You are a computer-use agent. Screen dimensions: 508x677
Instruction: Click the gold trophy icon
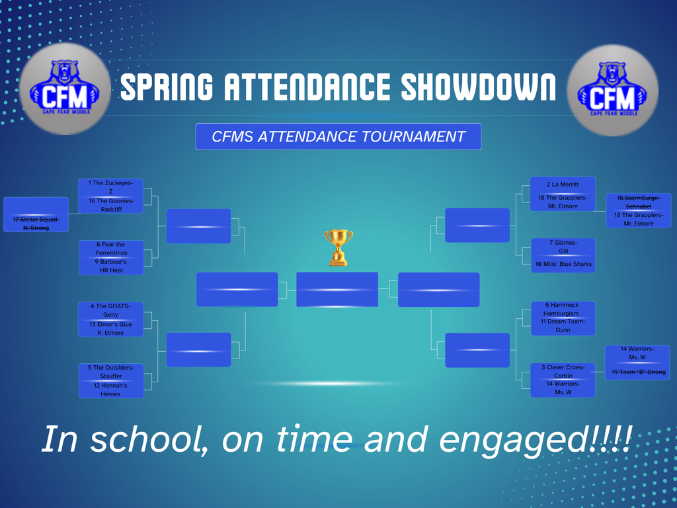click(x=338, y=247)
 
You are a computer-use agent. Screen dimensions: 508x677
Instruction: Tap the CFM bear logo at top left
click(x=65, y=89)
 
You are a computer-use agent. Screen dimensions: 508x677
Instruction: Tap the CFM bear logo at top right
click(x=612, y=89)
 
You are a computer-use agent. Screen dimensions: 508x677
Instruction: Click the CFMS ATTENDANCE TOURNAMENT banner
click(x=338, y=137)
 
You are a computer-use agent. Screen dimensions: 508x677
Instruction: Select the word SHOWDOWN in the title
click(x=479, y=88)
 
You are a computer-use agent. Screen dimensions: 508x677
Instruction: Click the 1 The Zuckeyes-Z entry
click(x=110, y=187)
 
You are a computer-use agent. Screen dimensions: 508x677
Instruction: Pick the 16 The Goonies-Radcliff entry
click(x=110, y=205)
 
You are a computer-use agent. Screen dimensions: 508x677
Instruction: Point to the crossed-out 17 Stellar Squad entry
click(x=36, y=223)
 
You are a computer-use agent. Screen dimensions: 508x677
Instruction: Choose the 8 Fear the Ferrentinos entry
click(x=110, y=249)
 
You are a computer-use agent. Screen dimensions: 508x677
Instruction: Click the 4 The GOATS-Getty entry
click(x=110, y=310)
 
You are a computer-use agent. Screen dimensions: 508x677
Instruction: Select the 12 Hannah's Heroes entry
click(x=110, y=390)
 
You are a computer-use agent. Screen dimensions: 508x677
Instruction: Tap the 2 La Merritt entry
click(x=563, y=185)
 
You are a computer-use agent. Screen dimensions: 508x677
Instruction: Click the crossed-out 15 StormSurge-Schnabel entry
click(x=638, y=202)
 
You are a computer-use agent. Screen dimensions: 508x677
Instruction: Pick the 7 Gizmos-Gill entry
click(x=563, y=247)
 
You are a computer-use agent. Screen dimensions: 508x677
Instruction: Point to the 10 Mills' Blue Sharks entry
click(x=563, y=264)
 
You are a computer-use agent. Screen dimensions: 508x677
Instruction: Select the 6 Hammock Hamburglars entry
click(x=563, y=309)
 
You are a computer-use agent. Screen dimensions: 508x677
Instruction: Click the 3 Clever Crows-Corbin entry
click(x=563, y=371)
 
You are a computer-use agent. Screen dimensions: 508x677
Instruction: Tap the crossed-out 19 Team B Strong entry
click(x=637, y=372)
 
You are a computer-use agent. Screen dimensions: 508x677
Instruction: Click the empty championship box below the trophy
click(x=337, y=290)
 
